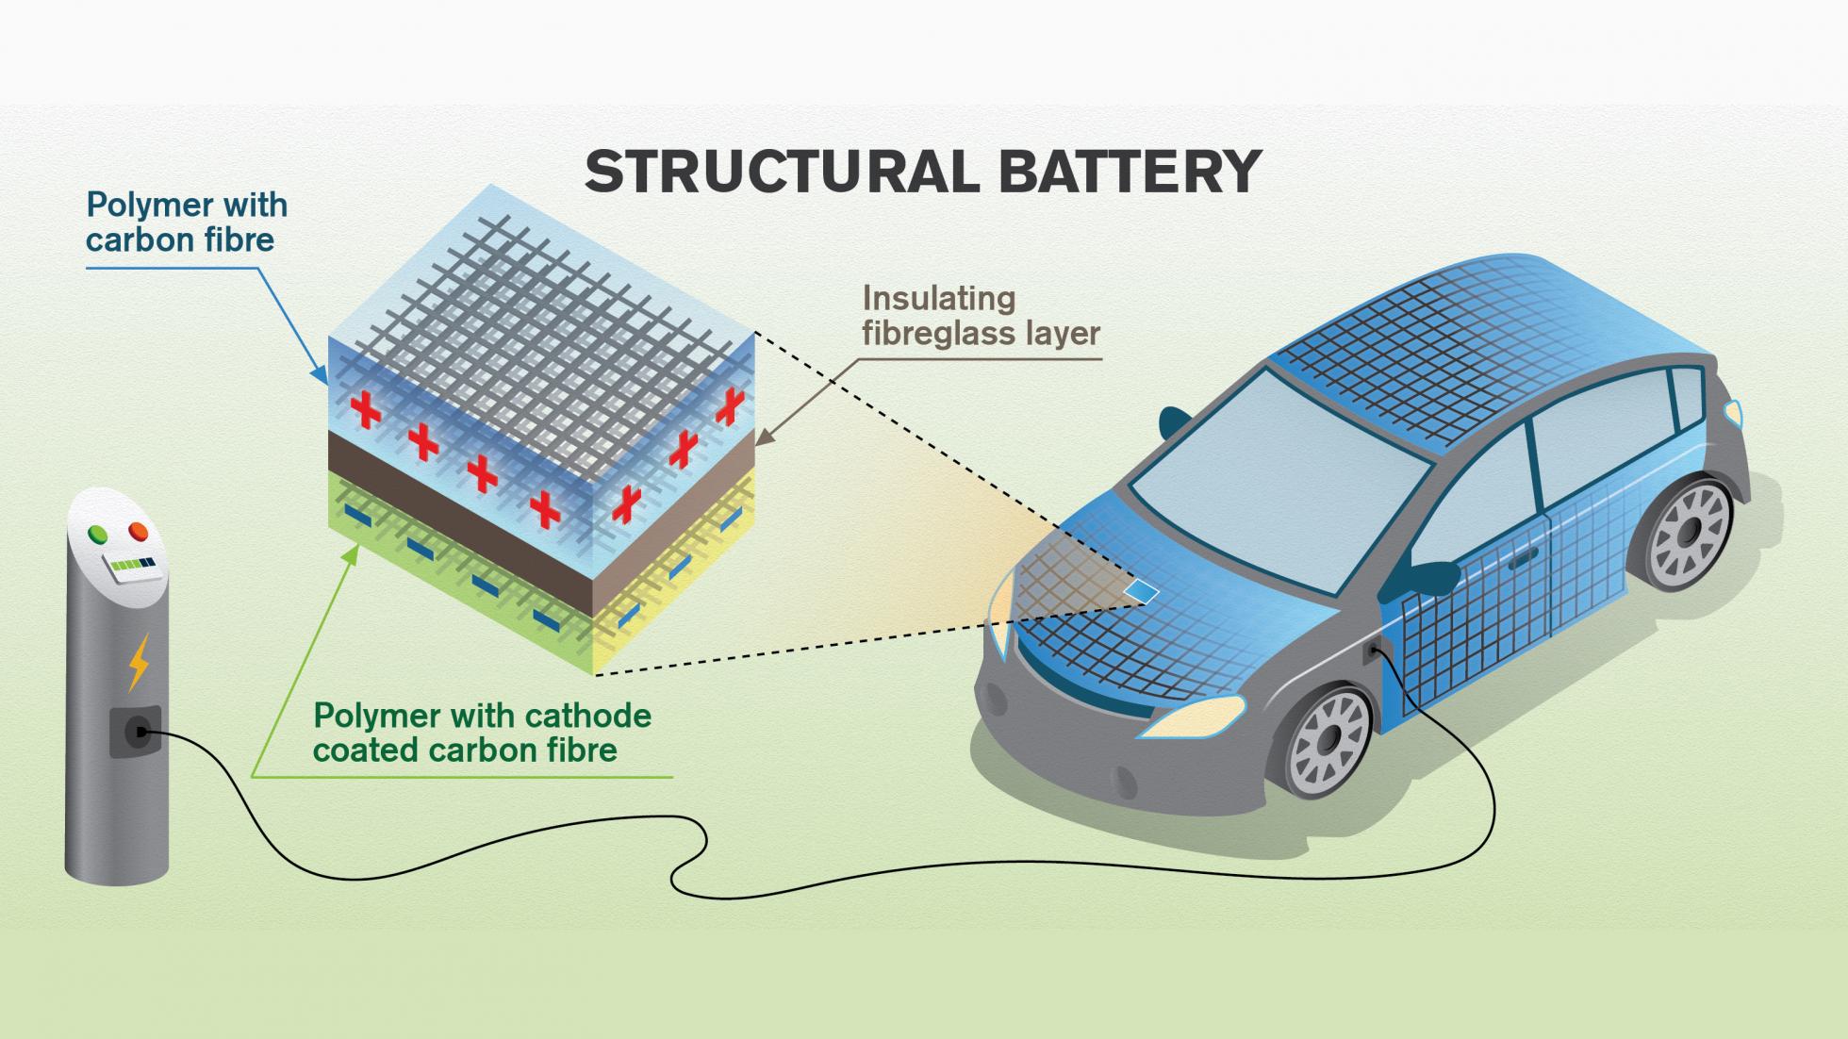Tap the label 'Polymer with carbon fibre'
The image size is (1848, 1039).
click(186, 223)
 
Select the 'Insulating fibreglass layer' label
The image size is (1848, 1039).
click(981, 315)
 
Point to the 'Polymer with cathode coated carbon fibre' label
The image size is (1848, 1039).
click(482, 733)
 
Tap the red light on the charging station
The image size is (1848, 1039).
click(139, 532)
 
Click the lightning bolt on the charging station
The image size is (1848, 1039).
click(138, 662)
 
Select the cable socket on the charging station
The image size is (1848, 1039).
click(137, 732)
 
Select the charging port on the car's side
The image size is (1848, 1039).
click(1371, 650)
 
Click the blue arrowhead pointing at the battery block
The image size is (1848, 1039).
click(321, 378)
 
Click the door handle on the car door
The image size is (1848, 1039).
click(1521, 562)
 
